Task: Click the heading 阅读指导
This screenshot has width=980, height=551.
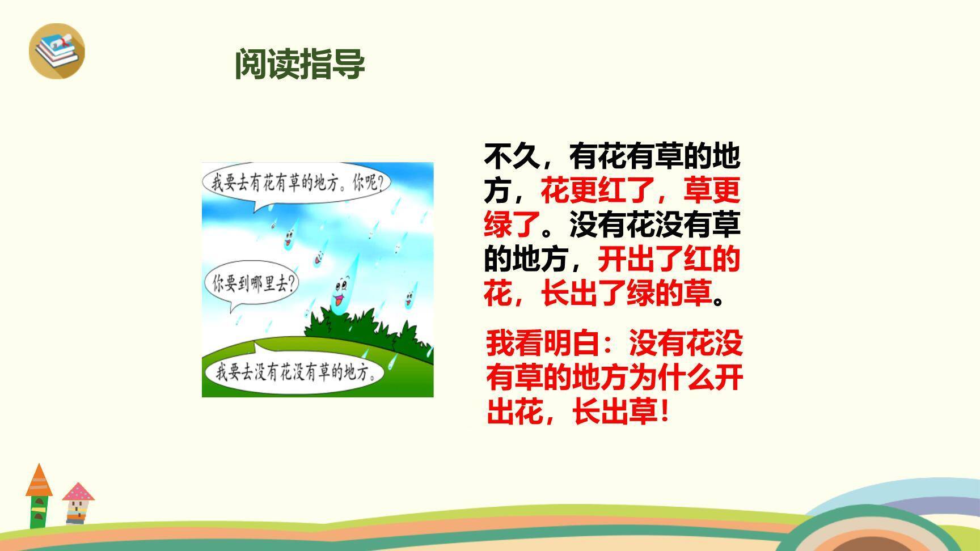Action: tap(300, 64)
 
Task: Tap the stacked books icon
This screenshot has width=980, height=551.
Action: tap(57, 50)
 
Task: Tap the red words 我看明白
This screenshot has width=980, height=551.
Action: tap(542, 344)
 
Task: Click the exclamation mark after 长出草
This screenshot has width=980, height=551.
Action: tap(665, 412)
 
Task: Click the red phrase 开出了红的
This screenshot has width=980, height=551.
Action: tap(669, 259)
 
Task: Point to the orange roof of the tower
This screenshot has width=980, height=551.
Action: tap(39, 481)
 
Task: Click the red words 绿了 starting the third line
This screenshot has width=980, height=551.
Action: tap(512, 225)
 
